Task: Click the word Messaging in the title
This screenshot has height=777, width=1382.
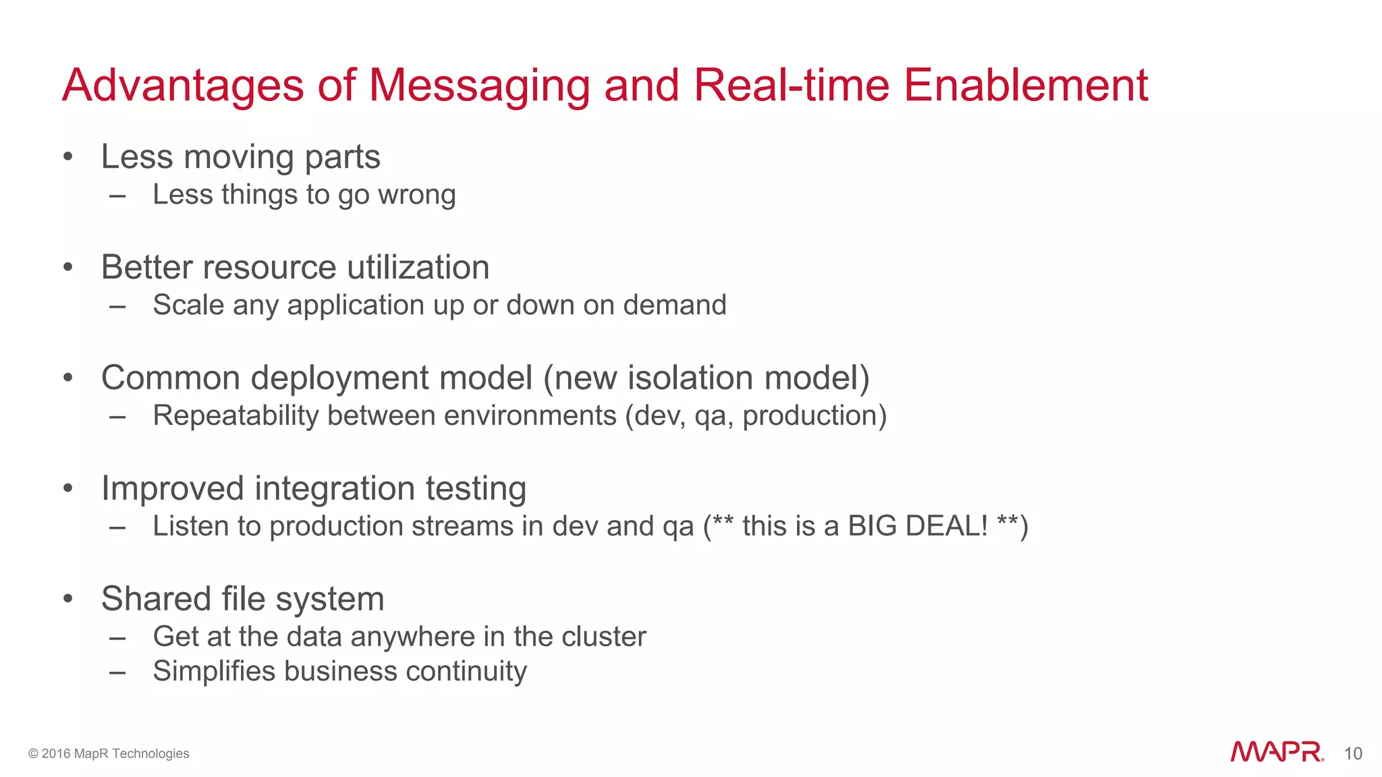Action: (479, 86)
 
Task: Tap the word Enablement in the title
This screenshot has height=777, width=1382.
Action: (1025, 86)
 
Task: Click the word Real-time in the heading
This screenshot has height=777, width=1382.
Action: (792, 86)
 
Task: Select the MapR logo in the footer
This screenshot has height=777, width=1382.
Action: (1276, 752)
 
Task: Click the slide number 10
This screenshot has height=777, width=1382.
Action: (1352, 753)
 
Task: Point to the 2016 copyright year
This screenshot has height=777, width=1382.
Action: (56, 753)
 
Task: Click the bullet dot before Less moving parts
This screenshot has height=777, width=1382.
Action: (67, 157)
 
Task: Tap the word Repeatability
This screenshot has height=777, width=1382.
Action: (236, 415)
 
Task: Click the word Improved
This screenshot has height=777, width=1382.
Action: (172, 488)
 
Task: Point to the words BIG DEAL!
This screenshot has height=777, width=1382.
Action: (917, 526)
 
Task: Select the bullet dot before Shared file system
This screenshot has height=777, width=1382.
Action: (67, 599)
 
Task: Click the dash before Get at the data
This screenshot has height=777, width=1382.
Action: (117, 637)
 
